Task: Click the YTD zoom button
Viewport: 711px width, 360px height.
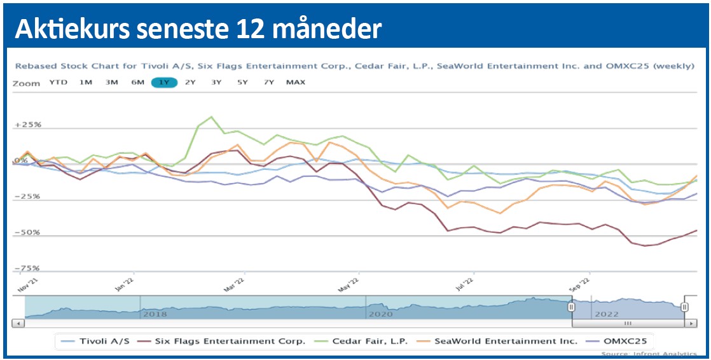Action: click(x=58, y=83)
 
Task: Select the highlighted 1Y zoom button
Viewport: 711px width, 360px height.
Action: click(x=163, y=83)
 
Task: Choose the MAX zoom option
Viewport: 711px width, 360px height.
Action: click(x=295, y=83)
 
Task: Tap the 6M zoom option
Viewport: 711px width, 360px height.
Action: click(x=137, y=83)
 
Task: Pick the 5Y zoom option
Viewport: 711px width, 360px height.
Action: click(x=242, y=83)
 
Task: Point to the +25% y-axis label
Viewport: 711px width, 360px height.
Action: click(x=27, y=125)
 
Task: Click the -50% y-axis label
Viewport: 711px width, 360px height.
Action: click(x=27, y=233)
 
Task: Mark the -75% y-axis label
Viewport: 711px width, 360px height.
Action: click(x=27, y=268)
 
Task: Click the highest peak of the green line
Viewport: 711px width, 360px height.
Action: click(x=211, y=117)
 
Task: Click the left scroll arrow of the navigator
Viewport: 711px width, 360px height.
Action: click(x=18, y=324)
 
